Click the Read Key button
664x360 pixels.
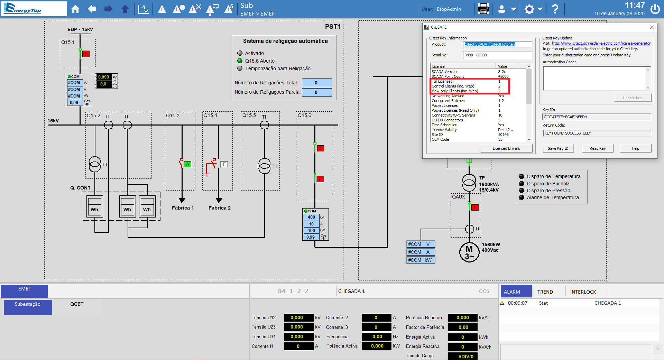[598, 148]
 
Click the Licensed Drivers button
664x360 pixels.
[506, 148]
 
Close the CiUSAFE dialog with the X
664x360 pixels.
[652, 27]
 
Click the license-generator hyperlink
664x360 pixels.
[601, 43]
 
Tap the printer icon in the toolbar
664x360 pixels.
[483, 9]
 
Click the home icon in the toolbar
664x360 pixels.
[75, 9]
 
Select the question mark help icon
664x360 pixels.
[555, 9]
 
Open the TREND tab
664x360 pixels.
[545, 292]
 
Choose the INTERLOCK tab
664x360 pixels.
[583, 292]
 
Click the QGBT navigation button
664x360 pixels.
[77, 304]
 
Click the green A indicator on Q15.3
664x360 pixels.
[187, 164]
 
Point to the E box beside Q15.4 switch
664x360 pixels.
[224, 164]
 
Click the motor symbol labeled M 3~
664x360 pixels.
[469, 252]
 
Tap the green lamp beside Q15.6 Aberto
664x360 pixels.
[240, 61]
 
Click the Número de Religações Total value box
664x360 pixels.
[317, 83]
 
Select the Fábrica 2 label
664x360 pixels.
[220, 208]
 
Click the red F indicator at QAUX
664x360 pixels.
[475, 207]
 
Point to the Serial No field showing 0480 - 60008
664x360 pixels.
[497, 55]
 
